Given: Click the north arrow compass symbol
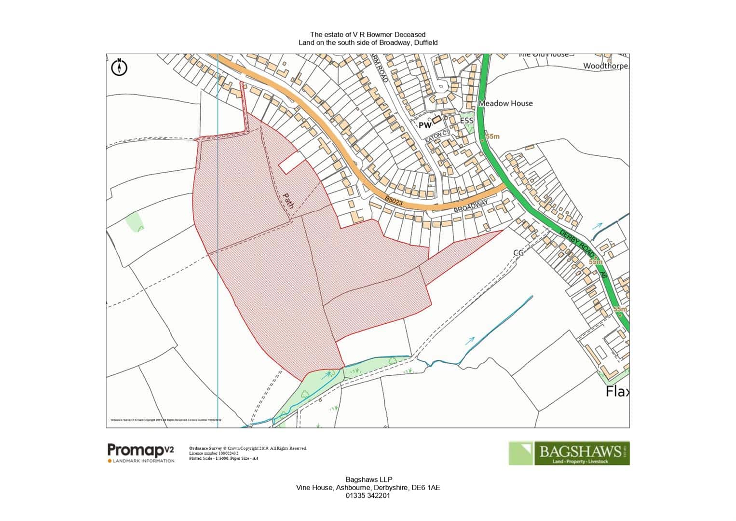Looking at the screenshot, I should (x=119, y=68).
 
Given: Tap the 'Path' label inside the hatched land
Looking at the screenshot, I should (x=288, y=201).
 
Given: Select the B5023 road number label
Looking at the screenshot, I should (x=394, y=201).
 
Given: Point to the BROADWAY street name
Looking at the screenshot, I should (x=471, y=206).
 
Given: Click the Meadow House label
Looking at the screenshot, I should (x=505, y=103).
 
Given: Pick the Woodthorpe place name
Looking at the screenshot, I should (x=606, y=66).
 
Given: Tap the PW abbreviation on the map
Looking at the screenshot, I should (x=424, y=125).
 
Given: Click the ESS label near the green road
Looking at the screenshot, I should (x=466, y=120).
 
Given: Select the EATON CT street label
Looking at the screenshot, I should (x=437, y=137).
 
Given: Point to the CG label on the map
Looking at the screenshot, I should (x=518, y=252).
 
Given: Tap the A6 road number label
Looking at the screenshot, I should (x=603, y=274).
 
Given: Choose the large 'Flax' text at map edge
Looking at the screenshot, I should (x=617, y=391).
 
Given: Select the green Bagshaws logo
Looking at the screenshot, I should (x=569, y=453).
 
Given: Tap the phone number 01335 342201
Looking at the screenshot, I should (x=368, y=495).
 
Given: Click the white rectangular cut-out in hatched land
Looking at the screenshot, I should (x=293, y=162).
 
